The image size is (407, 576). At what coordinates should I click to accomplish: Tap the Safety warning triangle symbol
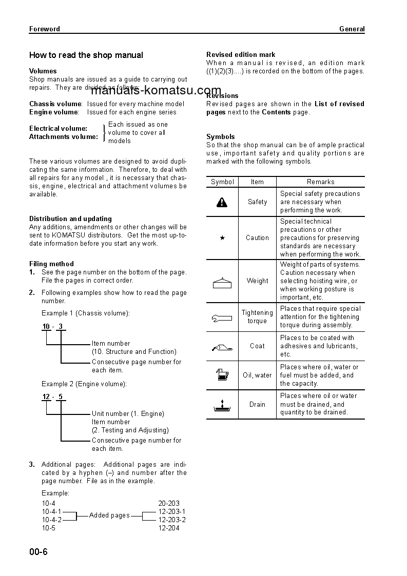pos(222,202)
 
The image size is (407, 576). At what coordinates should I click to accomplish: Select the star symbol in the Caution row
pos(222,238)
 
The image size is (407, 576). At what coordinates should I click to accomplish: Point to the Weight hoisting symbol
pos(222,281)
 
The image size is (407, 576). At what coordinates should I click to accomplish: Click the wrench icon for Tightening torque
pos(222,317)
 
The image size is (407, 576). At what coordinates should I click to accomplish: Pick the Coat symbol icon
pos(222,347)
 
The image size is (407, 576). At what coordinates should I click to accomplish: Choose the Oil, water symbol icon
pos(222,375)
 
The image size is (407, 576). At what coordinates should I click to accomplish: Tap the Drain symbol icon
pos(222,405)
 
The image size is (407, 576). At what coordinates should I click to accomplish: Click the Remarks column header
pos(320,182)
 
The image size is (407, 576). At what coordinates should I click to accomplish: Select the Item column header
pos(257,182)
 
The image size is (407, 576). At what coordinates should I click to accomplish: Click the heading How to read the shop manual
pos(86,55)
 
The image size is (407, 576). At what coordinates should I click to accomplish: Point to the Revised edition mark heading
pos(241,54)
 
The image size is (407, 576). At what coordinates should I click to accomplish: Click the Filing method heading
pos(51,264)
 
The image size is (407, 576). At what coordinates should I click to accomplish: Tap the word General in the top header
pos(352,29)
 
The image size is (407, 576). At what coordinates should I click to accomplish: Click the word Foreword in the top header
pos(45,29)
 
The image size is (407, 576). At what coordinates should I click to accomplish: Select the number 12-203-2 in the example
pos(172,520)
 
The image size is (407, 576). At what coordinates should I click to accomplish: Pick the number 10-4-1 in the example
pos(51,511)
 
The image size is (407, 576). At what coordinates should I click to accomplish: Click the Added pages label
pos(109,515)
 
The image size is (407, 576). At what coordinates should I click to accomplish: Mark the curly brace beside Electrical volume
pos(104,132)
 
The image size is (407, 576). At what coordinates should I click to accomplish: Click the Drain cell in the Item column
pos(257,405)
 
